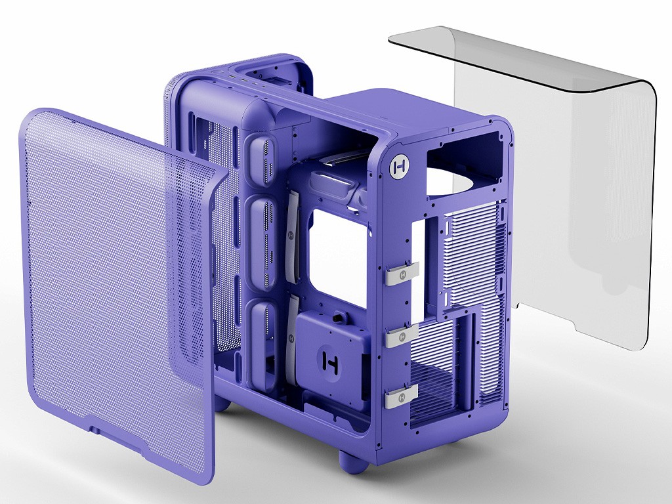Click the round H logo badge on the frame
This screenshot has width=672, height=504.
pyautogui.click(x=400, y=165)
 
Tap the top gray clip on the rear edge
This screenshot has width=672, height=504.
pyautogui.click(x=401, y=274)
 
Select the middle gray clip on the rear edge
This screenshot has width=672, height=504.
pyautogui.click(x=401, y=335)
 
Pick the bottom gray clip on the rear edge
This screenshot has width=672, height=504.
pyautogui.click(x=401, y=396)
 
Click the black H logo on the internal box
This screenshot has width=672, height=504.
pyautogui.click(x=330, y=362)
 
